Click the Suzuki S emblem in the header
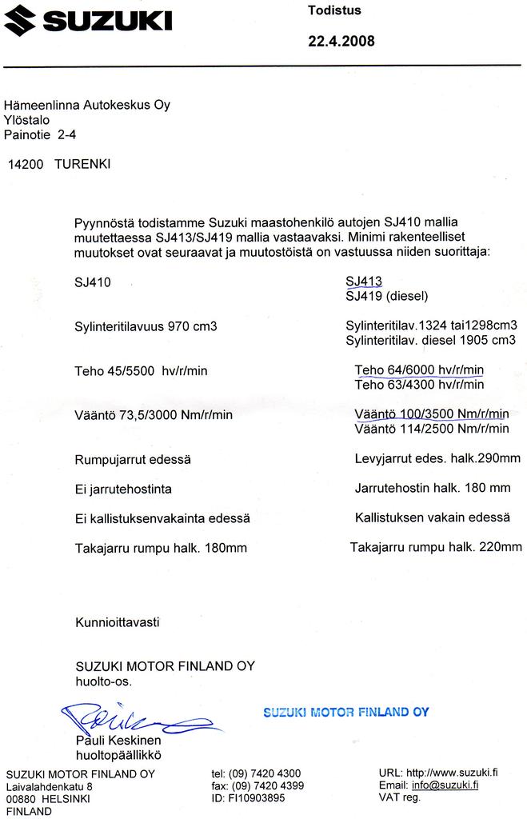[x=21, y=20]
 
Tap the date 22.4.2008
[x=341, y=42]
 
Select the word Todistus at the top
[x=334, y=10]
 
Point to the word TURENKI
[x=82, y=164]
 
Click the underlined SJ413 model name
[x=364, y=281]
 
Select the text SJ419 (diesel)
[x=387, y=296]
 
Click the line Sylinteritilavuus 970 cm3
[x=146, y=326]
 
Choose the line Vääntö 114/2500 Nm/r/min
[x=431, y=429]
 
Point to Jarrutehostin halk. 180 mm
[x=432, y=487]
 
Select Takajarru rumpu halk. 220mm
[x=436, y=547]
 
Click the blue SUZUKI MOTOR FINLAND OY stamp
[x=345, y=712]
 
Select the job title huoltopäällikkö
[x=118, y=754]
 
